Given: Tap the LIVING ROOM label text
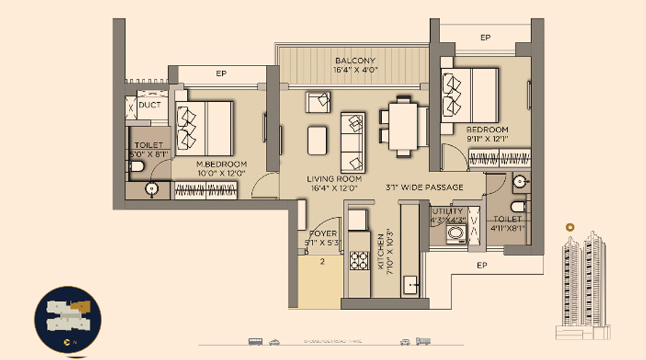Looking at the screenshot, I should coord(334,179).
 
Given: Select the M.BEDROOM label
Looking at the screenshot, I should coord(221,164).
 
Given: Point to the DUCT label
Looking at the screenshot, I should coord(149,105).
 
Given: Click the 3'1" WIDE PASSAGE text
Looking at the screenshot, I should coord(425,187).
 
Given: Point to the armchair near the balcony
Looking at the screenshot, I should coord(319,102).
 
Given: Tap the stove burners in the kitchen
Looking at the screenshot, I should coord(358,260).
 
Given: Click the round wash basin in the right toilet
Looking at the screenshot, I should coord(518,181).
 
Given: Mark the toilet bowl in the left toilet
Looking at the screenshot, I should coord(137,167).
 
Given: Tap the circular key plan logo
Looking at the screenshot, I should coord(68,319).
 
